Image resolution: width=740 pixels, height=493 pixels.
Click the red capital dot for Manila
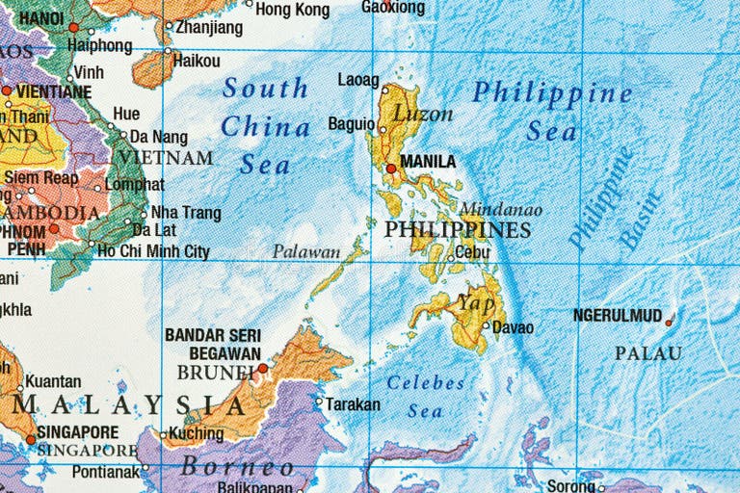click(391, 169)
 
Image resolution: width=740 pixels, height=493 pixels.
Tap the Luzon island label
click(421, 114)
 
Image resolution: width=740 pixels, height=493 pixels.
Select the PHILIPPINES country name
click(457, 230)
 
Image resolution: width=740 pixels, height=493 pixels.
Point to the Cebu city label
click(472, 252)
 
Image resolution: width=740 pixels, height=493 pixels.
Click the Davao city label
click(513, 327)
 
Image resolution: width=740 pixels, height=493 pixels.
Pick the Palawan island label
click(306, 252)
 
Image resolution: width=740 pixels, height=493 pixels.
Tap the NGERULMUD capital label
click(618, 315)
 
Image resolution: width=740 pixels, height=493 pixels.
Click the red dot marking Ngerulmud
click(669, 322)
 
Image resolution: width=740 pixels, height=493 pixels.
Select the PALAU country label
click(648, 353)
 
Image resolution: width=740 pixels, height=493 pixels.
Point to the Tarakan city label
click(353, 404)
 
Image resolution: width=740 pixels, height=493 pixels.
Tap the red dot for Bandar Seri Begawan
click(262, 367)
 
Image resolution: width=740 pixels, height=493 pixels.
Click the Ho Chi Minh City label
click(154, 252)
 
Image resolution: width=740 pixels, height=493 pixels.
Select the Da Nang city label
click(159, 137)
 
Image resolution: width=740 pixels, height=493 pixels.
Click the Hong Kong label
click(292, 10)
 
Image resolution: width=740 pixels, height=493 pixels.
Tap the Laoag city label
click(358, 80)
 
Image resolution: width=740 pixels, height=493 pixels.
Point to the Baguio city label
click(351, 123)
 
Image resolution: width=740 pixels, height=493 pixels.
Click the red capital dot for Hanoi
click(73, 27)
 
